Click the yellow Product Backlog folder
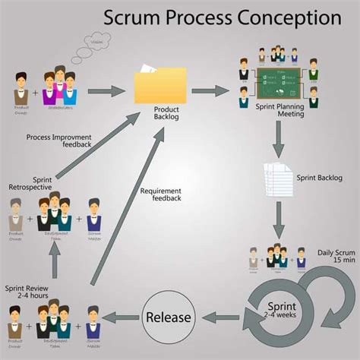pos(159,85)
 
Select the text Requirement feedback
pos(160,194)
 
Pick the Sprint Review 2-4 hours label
pos(29,272)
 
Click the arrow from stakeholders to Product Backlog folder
pos(106,91)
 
